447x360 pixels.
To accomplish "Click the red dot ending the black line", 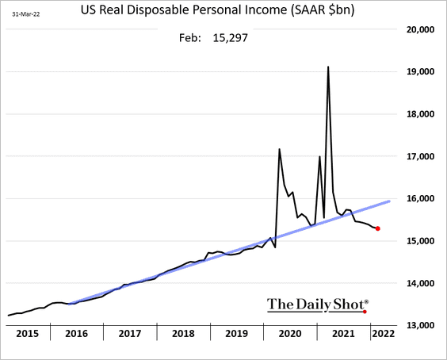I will point(377,229).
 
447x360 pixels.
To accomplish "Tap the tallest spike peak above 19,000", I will point(328,67).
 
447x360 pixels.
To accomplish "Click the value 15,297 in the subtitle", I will point(231,37).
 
